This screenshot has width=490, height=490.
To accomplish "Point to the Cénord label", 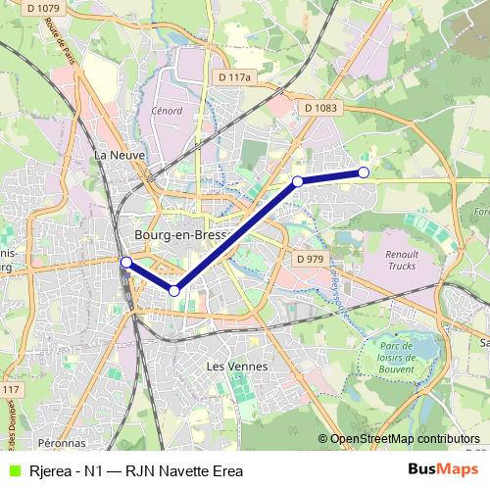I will click(167, 110).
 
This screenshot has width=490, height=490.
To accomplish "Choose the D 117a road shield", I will click(235, 76).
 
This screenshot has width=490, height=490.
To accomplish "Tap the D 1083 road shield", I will click(320, 108).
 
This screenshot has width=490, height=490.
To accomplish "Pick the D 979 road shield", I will click(309, 259).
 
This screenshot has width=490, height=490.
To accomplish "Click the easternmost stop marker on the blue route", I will click(364, 172).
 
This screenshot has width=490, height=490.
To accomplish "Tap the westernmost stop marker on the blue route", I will click(125, 262).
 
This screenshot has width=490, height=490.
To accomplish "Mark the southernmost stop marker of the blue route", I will click(174, 290).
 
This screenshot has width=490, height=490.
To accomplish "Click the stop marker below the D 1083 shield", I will click(297, 181).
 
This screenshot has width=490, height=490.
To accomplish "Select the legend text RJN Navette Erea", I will click(186, 470).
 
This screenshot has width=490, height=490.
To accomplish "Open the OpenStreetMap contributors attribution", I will click(405, 438).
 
